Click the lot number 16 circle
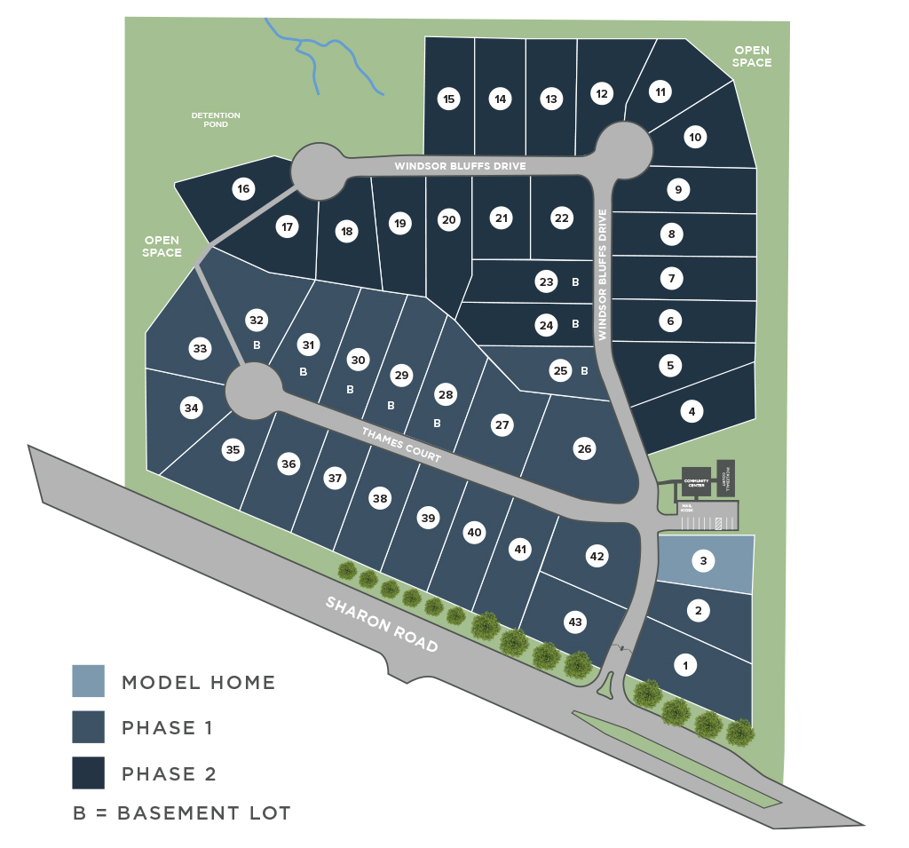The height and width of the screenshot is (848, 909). point(244,189)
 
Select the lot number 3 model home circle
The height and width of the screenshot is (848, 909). point(703,561)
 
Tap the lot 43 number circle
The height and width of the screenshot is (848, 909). point(575,622)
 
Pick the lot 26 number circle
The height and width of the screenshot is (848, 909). point(584,449)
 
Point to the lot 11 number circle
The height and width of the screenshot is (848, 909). point(660,91)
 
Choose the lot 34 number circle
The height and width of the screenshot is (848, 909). point(191,408)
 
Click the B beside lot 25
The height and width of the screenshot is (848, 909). point(584,371)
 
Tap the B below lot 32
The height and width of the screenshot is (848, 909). point(257,345)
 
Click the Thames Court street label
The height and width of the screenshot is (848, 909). point(401,447)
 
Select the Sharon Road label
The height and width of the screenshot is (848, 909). point(382,623)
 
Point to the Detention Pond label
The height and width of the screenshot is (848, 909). point(216,120)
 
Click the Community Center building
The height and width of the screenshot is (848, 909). point(695,480)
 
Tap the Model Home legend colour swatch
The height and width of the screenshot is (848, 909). point(89,681)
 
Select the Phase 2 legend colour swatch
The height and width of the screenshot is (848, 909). point(89,773)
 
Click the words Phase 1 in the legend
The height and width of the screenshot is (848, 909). point(167,728)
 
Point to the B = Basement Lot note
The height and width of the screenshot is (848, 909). point(182,812)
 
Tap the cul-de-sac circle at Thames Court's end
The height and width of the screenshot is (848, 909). point(252,390)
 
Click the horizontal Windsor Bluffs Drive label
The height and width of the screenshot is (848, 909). point(461,166)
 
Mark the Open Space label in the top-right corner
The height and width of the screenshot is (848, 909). point(751,57)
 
